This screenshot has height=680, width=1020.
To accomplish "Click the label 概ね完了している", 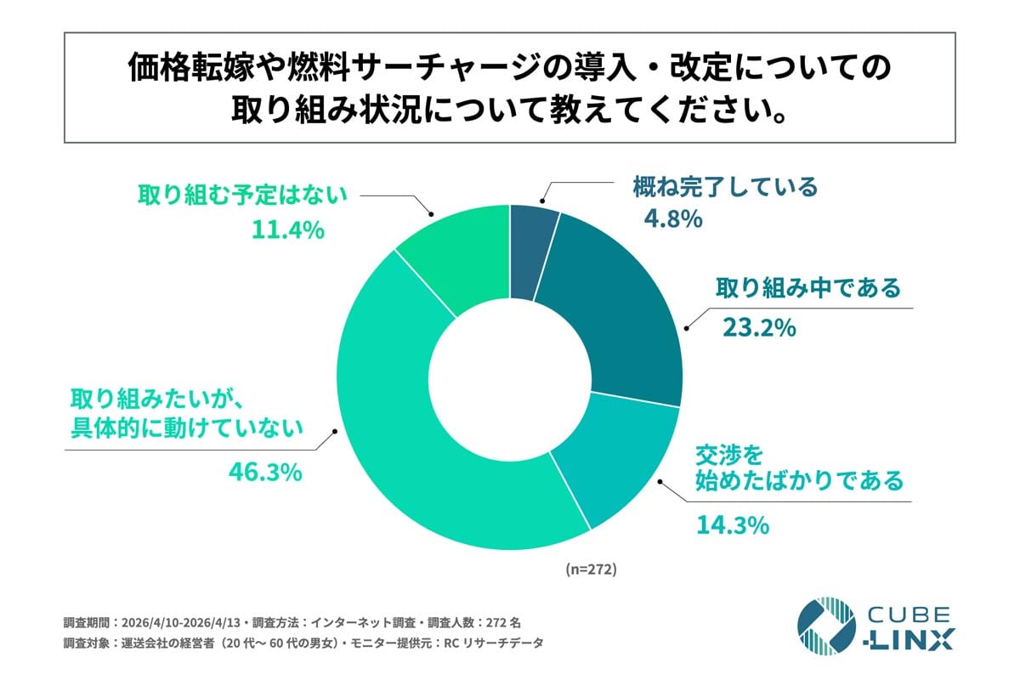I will point(725,186).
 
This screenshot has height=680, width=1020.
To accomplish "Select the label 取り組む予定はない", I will point(243,195).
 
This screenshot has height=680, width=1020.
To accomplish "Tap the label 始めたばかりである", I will point(799,482).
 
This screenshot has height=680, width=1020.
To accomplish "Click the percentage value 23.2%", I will point(758,327).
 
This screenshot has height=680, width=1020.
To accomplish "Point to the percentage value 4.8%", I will point(672,219).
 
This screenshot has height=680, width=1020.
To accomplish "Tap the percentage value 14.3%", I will point(732,525).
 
